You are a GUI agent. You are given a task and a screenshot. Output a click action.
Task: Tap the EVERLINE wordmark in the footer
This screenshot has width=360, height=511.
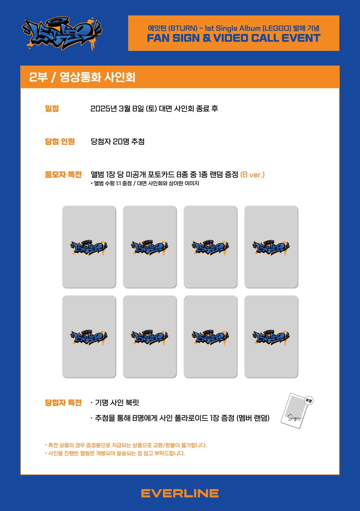(x=180, y=493)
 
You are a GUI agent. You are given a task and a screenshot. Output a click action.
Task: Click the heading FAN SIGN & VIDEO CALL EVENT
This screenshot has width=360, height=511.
(x=233, y=38)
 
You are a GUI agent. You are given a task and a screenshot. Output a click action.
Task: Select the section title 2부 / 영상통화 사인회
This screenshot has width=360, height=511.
(x=83, y=78)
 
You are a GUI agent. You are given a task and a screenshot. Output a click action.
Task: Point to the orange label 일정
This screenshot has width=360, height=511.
(x=52, y=109)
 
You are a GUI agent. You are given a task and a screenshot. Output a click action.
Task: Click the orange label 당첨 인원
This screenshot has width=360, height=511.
(x=60, y=141)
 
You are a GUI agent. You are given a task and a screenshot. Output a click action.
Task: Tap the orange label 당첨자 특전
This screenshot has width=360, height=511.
(x=63, y=402)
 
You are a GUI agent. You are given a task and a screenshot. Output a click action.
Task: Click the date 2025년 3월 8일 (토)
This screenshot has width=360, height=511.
(x=121, y=109)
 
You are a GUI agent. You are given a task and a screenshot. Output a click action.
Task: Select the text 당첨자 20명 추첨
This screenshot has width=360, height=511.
(x=118, y=141)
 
